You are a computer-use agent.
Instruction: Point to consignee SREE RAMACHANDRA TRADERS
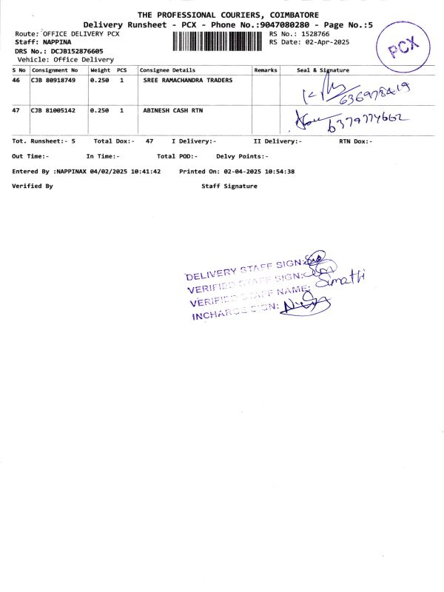click(187, 80)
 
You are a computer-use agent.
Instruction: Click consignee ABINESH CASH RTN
click(172, 110)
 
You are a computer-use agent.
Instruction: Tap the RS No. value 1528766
click(314, 34)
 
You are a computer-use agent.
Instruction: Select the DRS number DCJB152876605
click(77, 51)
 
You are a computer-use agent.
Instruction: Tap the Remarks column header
click(266, 70)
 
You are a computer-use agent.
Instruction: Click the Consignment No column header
click(54, 70)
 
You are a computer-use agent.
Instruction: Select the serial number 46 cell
click(17, 80)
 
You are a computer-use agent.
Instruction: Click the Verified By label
click(33, 186)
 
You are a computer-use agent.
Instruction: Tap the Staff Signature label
click(229, 186)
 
